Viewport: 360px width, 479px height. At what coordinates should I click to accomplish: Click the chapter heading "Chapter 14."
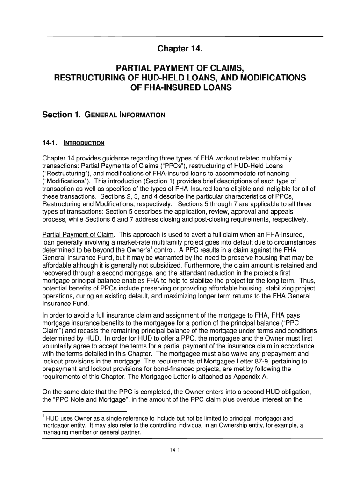pos(180,49)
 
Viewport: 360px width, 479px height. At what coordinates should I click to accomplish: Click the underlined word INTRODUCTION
pos(84,143)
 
